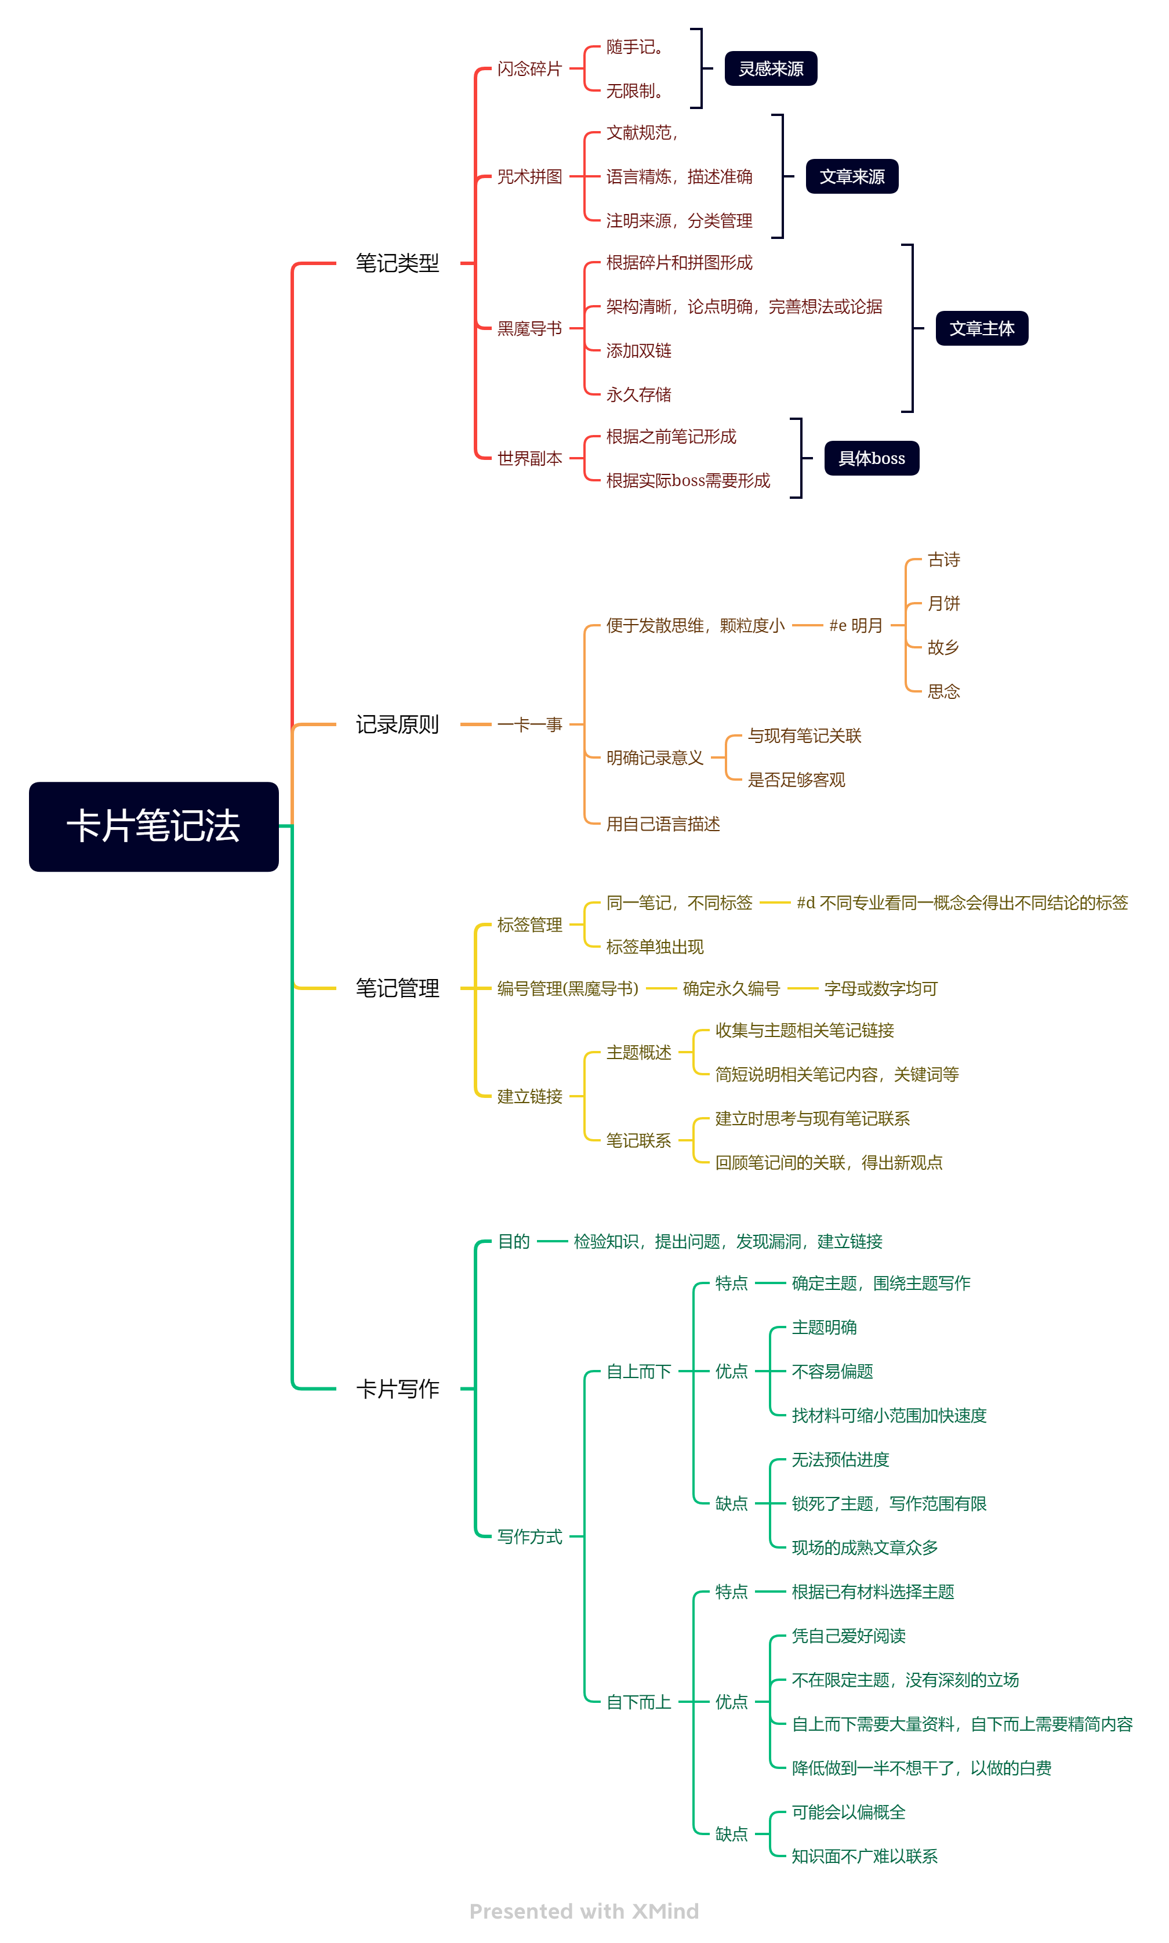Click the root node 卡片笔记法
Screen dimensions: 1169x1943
coord(154,826)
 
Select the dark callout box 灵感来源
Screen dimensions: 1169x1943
coord(771,68)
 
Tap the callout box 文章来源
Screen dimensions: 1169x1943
coord(852,176)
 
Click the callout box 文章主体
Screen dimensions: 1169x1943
coord(982,328)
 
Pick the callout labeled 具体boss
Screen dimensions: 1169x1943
coord(871,458)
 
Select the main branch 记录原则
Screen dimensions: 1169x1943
coord(397,724)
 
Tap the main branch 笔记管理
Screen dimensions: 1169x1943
coord(397,988)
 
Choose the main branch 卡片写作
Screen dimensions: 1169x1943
coord(397,1389)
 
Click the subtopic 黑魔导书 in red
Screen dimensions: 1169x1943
coord(529,328)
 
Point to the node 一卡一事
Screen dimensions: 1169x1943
coord(529,724)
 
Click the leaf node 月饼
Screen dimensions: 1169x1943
coord(943,604)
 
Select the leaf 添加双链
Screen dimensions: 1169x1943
coord(639,351)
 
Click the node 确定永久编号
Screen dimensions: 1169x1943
coord(731,988)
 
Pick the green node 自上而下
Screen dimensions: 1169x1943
coord(639,1371)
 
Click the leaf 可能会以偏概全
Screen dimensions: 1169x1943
coord(848,1812)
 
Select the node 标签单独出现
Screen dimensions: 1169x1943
coord(655,947)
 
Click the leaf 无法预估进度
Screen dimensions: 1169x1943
coord(841,1459)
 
